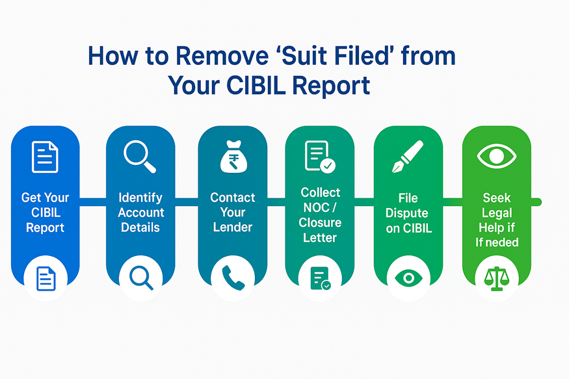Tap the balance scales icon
(496, 278)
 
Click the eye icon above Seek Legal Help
(496, 157)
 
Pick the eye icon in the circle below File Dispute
(408, 278)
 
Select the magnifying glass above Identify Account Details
(140, 157)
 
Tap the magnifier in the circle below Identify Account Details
(140, 278)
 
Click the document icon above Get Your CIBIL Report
(46, 157)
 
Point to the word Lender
(232, 228)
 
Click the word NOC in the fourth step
(311, 207)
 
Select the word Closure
(319, 222)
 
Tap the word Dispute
(408, 213)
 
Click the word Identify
(140, 198)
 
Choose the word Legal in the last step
(496, 213)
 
